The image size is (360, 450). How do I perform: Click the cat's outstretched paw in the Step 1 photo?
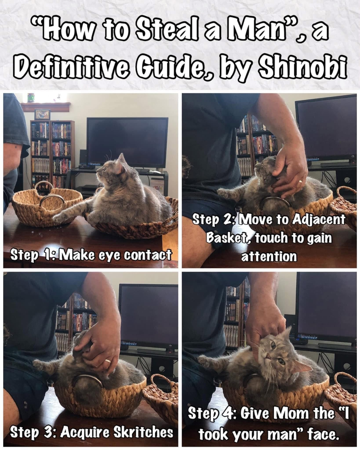[59, 217]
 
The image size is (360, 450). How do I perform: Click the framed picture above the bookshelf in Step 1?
[42, 114]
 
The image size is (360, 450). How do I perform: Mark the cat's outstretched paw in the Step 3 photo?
[39, 366]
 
